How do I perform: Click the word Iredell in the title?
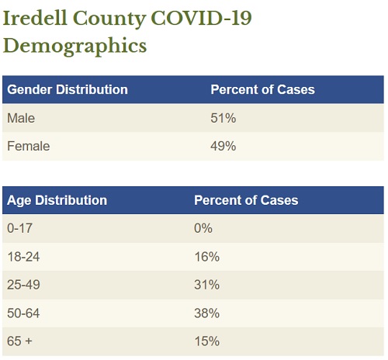35,18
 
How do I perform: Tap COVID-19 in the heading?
201,18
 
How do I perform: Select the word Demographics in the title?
74,46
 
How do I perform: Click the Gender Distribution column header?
68,90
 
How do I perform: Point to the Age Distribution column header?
57,200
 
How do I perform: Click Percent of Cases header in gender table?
262,90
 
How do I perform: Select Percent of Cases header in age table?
246,200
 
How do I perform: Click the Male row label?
21,118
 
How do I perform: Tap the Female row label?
29,146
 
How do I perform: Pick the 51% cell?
223,118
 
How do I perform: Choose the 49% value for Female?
223,146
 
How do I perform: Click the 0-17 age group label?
20,228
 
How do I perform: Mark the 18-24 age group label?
23,257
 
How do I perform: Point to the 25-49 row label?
23,285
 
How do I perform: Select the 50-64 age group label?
23,313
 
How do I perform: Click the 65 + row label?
19,341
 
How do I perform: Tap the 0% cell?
203,228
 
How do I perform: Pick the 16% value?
207,257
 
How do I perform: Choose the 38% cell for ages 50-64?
207,313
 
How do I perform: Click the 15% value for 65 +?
207,341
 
